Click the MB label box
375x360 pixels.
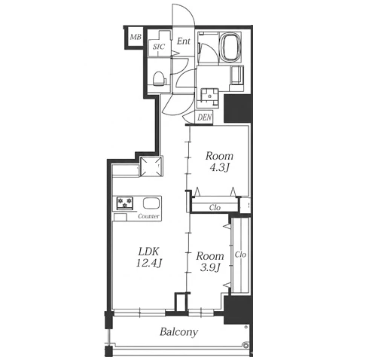136,38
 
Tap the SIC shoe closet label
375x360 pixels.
159,47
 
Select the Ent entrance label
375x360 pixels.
184,41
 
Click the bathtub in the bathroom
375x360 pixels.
230,47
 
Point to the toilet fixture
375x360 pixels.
159,78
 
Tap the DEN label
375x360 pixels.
205,117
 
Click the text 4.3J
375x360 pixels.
219,168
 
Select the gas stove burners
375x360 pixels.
125,203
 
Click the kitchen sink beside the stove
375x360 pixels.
151,203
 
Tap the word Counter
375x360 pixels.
148,216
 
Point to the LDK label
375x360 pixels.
149,251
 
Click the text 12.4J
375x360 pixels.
149,263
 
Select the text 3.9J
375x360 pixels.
210,268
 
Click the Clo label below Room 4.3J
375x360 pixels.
215,208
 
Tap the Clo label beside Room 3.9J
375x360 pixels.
240,255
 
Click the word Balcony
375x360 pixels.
179,332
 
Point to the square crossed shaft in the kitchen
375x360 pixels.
151,166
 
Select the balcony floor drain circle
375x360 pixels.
245,345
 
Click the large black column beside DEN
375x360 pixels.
237,108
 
